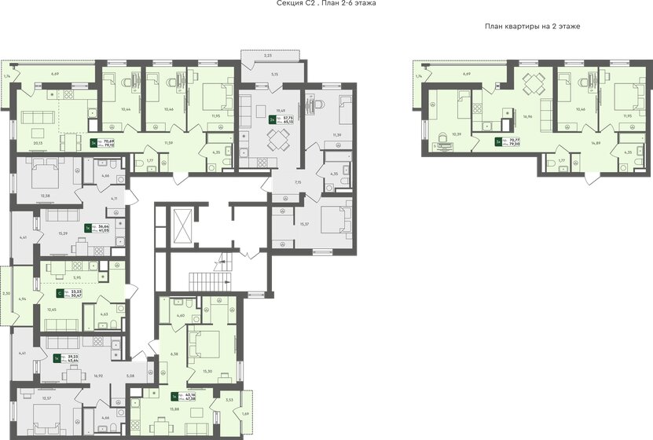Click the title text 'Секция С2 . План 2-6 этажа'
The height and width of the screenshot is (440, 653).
click(327, 4)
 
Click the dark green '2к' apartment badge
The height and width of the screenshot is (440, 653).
click(272, 120)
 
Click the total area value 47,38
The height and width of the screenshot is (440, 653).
click(191, 399)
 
